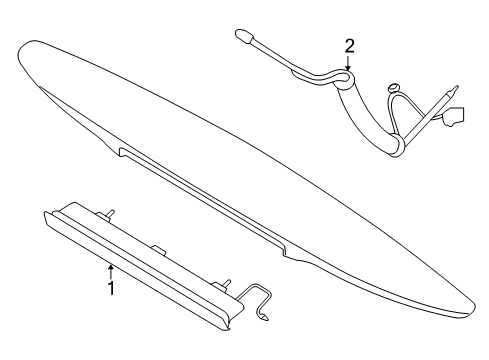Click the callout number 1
[112, 288]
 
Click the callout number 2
[349, 47]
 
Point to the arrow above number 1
[111, 271]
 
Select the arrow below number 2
[348, 63]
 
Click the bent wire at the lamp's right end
[257, 298]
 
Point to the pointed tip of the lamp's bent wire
[267, 319]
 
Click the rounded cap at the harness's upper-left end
[243, 35]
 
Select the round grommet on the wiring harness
[394, 88]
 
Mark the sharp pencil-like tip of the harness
[454, 90]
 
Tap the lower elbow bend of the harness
[397, 144]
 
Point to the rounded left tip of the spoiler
[20, 50]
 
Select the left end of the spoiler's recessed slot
[121, 152]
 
